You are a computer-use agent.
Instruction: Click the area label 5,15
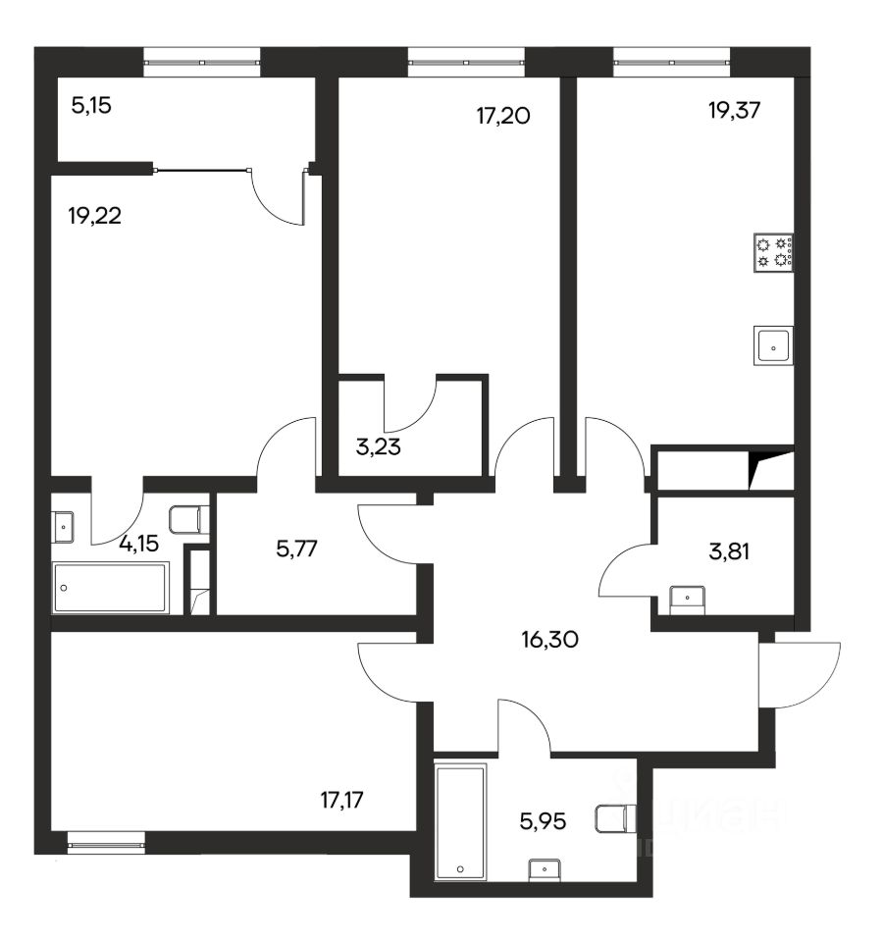[x=91, y=106]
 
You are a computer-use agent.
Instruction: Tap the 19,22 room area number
[x=95, y=215]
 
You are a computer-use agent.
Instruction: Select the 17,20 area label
[x=503, y=116]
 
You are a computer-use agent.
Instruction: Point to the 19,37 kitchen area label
[x=735, y=110]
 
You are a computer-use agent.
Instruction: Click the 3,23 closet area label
[x=379, y=447]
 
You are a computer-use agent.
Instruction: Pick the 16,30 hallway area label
[x=550, y=639]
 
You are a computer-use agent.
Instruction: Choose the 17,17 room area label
[x=342, y=800]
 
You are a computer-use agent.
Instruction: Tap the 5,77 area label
[x=296, y=549]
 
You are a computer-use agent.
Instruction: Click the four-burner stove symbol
[x=774, y=252]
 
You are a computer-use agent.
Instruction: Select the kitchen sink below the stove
[x=774, y=345]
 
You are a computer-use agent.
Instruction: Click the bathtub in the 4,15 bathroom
[x=111, y=588]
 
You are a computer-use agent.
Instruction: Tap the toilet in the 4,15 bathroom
[x=189, y=520]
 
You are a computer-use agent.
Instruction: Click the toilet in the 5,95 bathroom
[x=616, y=818]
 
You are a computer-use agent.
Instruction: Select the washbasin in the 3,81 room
[x=687, y=601]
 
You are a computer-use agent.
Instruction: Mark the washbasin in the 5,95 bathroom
[x=545, y=870]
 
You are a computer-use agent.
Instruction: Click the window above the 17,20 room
[x=467, y=63]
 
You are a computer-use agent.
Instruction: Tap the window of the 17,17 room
[x=106, y=843]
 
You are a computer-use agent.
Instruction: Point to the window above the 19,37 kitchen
[x=671, y=63]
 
